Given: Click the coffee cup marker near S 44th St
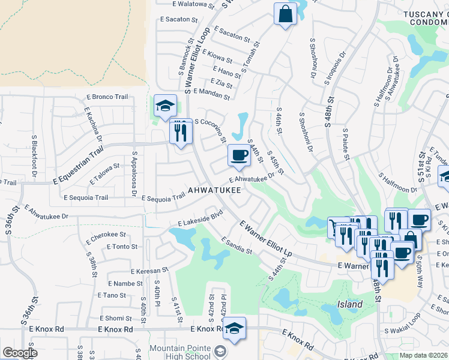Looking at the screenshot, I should pyautogui.click(x=239, y=155).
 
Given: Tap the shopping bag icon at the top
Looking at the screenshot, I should pyautogui.click(x=285, y=14).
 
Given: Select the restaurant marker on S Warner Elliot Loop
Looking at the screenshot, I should pyautogui.click(x=181, y=132).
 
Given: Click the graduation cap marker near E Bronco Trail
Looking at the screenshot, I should pyautogui.click(x=165, y=106).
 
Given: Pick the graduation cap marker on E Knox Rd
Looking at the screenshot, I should pyautogui.click(x=234, y=328).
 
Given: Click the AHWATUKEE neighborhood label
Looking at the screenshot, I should pyautogui.click(x=214, y=190).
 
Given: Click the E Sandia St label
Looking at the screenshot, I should pyautogui.click(x=236, y=245).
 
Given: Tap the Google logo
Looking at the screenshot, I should pyautogui.click(x=20, y=353).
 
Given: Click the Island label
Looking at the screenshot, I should pyautogui.click(x=349, y=304).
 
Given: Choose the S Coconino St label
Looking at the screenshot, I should pyautogui.click(x=210, y=130).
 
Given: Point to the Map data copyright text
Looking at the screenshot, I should pyautogui.click(x=423, y=355).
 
